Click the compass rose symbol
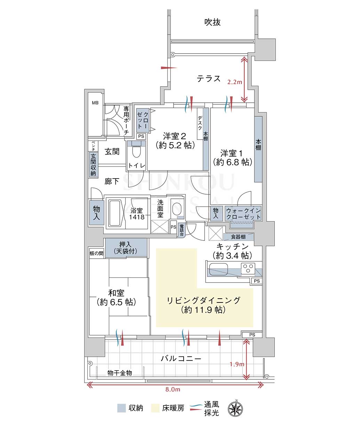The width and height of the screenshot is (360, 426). pyautogui.click(x=235, y=409)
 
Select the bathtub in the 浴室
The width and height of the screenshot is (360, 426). pyautogui.click(x=115, y=213)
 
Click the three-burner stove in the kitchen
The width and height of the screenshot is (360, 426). pyautogui.click(x=248, y=268)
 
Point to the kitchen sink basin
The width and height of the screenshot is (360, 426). pyautogui.click(x=218, y=269)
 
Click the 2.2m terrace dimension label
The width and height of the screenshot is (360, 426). pyautogui.click(x=234, y=82)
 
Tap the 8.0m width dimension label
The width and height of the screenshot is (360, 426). pyautogui.click(x=173, y=389)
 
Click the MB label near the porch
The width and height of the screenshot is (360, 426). pyautogui.click(x=95, y=103)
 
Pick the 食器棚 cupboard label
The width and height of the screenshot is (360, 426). pyautogui.click(x=238, y=237)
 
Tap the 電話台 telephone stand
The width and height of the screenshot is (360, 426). pyautogui.click(x=182, y=230)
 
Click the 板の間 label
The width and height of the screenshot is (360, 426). pyautogui.click(x=96, y=253)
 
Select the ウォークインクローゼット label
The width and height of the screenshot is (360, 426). pyautogui.click(x=243, y=214)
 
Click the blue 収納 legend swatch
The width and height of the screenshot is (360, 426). pyautogui.click(x=121, y=408)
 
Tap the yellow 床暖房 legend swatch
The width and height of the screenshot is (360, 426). pyautogui.click(x=155, y=408)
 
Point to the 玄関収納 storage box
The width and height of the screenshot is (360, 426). pyautogui.click(x=93, y=165)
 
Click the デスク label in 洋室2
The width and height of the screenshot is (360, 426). pyautogui.click(x=200, y=123)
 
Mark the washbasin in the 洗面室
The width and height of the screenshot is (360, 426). pyautogui.click(x=177, y=209)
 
